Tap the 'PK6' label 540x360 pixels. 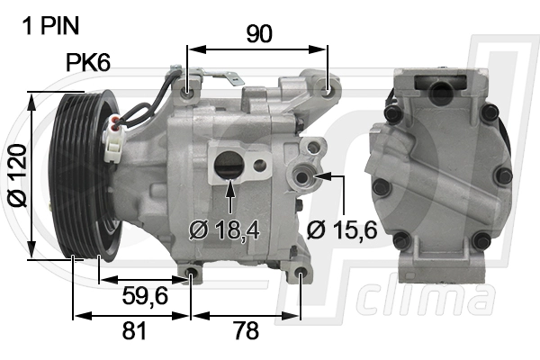point(88,63)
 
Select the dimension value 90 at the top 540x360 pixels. point(259,33)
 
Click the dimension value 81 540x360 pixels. point(133,331)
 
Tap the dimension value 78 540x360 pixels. point(246,331)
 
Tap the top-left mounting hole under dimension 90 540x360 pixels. point(189,92)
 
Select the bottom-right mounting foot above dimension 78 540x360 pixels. point(300,274)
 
